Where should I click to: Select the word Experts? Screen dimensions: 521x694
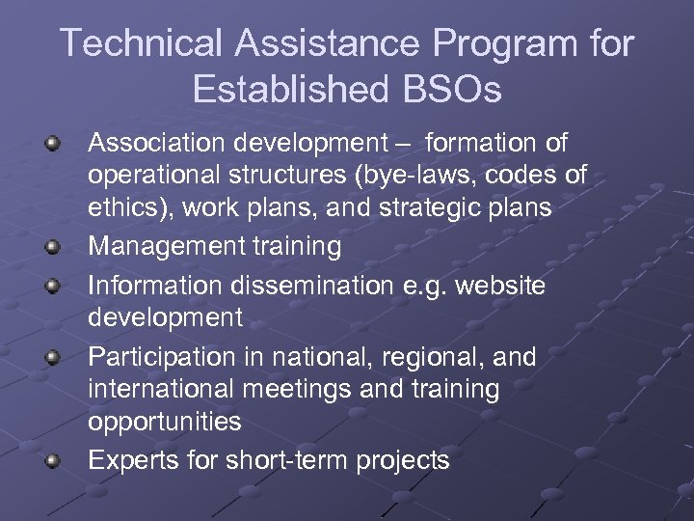[133, 461]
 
